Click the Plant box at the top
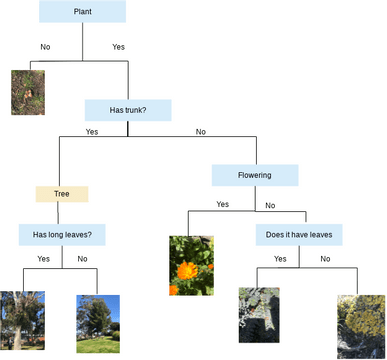tap(82, 11)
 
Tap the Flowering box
tap(255, 175)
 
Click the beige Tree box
tap(62, 194)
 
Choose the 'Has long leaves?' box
tap(63, 235)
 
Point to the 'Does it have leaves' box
tap(299, 235)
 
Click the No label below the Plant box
tap(45, 47)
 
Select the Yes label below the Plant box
tap(119, 47)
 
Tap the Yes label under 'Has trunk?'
tap(92, 131)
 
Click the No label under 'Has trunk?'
tap(200, 131)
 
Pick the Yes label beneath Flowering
tap(222, 204)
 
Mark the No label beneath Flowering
tap(270, 206)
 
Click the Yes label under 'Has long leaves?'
tap(44, 259)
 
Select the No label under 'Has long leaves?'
tap(82, 259)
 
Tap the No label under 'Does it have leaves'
tap(325, 259)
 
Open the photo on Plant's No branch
tap(27, 92)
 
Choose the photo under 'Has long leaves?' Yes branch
tap(22, 322)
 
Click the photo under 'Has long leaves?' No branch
tap(98, 324)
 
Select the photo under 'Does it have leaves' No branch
tap(361, 326)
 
